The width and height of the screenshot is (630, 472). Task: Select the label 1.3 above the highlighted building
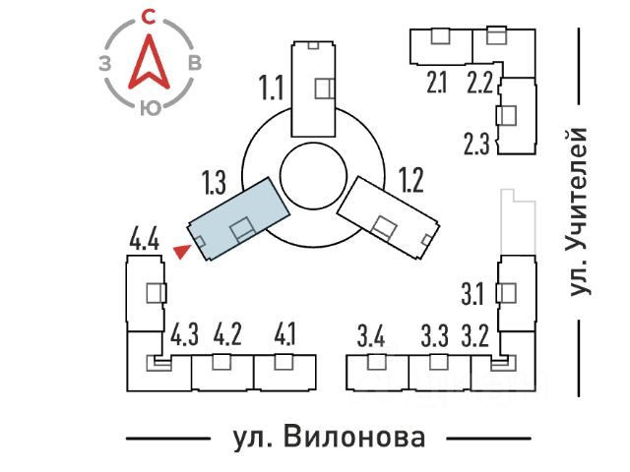pyautogui.click(x=215, y=182)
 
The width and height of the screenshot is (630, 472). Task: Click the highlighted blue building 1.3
pyautogui.click(x=238, y=217)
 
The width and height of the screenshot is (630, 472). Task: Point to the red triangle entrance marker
pyautogui.click(x=180, y=253)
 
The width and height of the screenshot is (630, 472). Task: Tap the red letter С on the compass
pyautogui.click(x=149, y=17)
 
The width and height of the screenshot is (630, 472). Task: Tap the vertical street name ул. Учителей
pyautogui.click(x=579, y=210)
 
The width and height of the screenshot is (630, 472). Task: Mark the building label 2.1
pyautogui.click(x=437, y=83)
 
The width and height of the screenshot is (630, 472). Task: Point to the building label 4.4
pyautogui.click(x=144, y=238)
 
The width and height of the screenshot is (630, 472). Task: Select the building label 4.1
pyautogui.click(x=285, y=334)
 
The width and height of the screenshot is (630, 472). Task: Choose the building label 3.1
pyautogui.click(x=472, y=292)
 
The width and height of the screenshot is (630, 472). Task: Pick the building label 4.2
pyautogui.click(x=227, y=334)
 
